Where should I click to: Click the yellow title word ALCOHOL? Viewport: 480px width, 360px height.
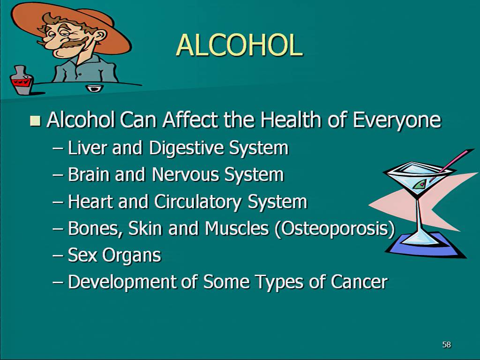pyautogui.click(x=240, y=45)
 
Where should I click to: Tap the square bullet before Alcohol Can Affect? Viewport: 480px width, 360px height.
pyautogui.click(x=36, y=120)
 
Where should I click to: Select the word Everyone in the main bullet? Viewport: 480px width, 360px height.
pyautogui.click(x=397, y=120)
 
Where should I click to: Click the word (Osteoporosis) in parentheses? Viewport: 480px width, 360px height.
pyautogui.click(x=335, y=229)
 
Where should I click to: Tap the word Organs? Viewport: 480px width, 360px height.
pyautogui.click(x=132, y=256)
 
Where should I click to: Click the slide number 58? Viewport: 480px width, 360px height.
pyautogui.click(x=447, y=345)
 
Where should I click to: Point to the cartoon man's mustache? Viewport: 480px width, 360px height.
pyautogui.click(x=70, y=43)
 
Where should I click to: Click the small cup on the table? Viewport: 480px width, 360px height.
pyautogui.click(x=94, y=88)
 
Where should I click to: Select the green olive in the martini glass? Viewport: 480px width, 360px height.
pyautogui.click(x=419, y=184)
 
